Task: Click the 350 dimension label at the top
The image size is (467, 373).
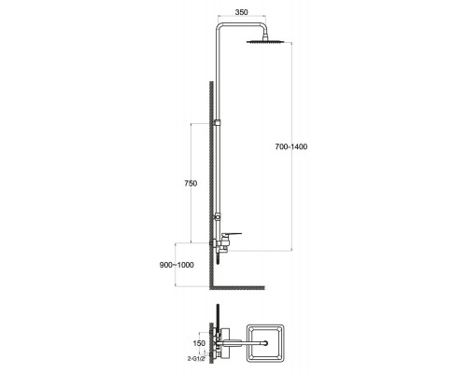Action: click(x=241, y=12)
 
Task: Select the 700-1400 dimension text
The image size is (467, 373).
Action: click(x=291, y=146)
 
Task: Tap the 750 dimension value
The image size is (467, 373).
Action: click(x=191, y=184)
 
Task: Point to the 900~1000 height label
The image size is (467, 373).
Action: click(x=177, y=265)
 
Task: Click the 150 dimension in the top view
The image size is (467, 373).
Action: click(x=199, y=343)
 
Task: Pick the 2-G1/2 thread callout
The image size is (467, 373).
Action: click(x=196, y=358)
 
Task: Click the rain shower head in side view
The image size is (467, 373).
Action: click(x=265, y=41)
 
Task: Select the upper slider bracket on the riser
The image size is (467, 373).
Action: click(x=218, y=123)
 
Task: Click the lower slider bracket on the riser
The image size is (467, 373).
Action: click(x=218, y=215)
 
